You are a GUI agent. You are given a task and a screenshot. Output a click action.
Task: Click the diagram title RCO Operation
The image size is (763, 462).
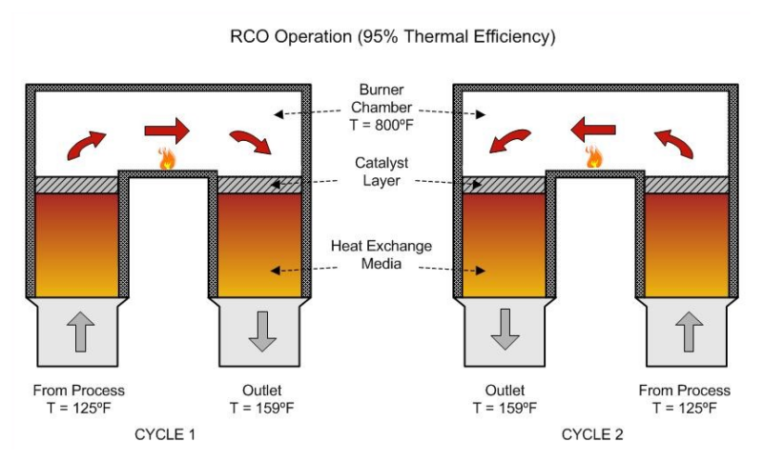(393, 38)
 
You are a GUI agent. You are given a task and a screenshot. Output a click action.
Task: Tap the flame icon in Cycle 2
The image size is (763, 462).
(595, 157)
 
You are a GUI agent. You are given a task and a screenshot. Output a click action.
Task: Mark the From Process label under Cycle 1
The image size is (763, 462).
(78, 391)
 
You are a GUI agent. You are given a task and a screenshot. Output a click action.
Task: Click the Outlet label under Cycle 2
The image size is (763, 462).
(505, 391)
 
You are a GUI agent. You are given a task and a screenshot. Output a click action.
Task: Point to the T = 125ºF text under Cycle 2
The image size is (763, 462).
(687, 408)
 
